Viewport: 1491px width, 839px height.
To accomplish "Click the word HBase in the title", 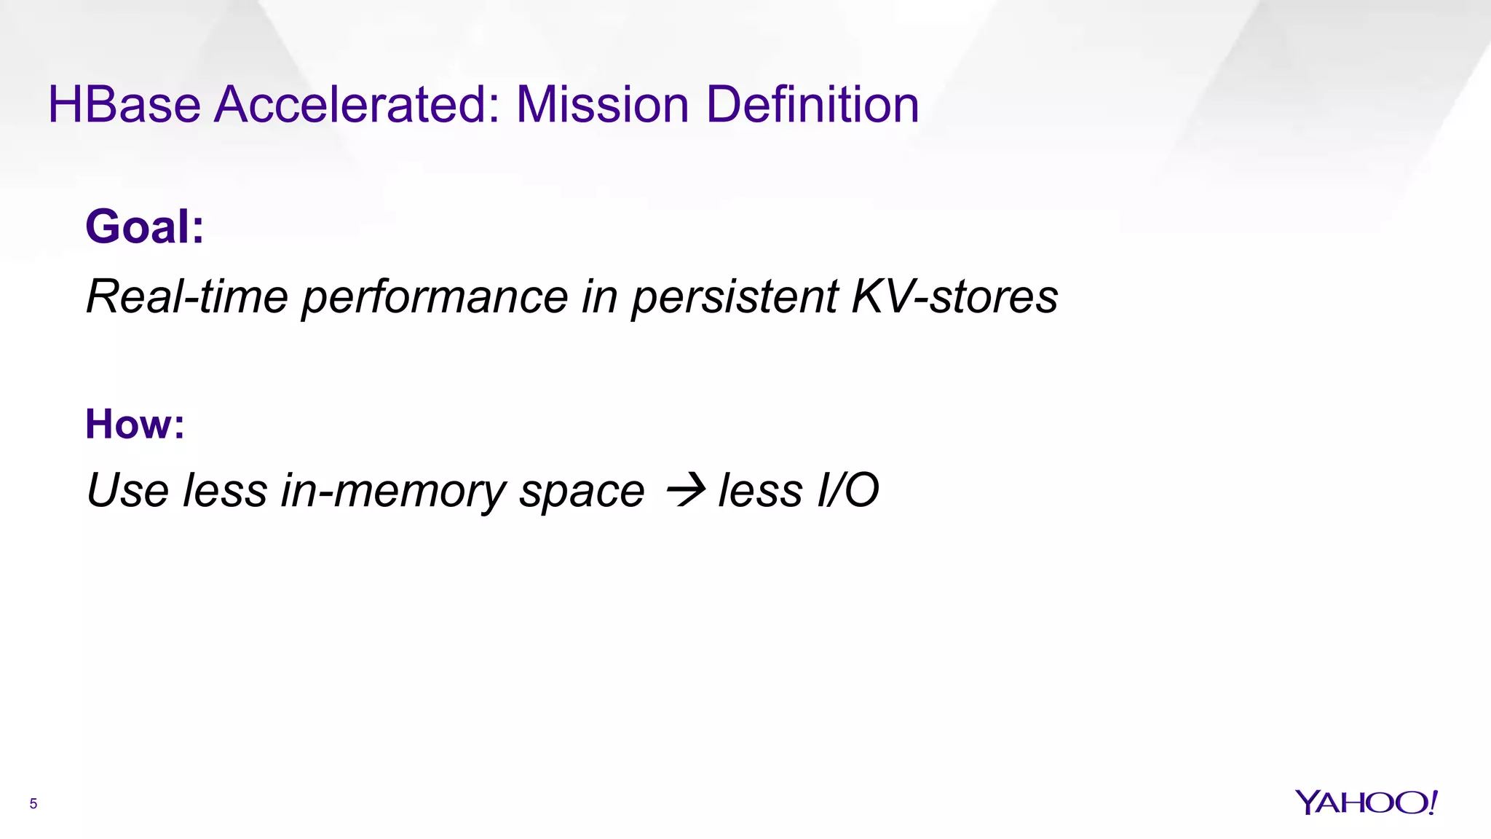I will [124, 105].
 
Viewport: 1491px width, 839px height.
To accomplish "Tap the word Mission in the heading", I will [602, 105].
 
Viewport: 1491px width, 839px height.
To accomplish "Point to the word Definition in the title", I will [812, 105].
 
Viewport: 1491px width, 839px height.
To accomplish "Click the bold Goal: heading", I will [145, 227].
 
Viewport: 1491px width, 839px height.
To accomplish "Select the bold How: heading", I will [135, 424].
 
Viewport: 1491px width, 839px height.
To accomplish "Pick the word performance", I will [435, 297].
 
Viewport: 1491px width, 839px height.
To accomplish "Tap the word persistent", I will [735, 297].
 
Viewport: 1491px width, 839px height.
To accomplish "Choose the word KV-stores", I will [954, 297].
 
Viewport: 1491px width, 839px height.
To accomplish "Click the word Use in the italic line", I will [127, 490].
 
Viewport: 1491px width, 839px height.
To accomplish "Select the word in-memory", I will [393, 490].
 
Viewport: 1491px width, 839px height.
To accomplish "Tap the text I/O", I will [847, 490].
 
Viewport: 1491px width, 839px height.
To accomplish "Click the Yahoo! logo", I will [1366, 803].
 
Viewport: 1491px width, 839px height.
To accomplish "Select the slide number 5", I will [33, 804].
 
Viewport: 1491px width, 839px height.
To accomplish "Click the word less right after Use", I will [225, 490].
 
